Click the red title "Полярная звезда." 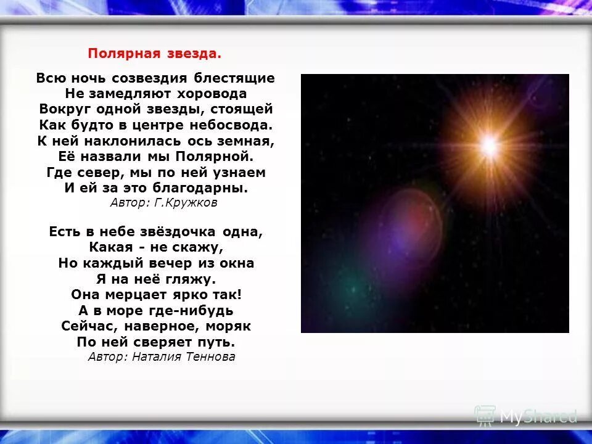[154, 53]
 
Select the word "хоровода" [212, 94]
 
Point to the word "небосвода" [232, 125]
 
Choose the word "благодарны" [209, 187]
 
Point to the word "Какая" [109, 248]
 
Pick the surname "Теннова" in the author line [210, 356]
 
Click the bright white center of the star [489, 146]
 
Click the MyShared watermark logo [526, 416]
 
